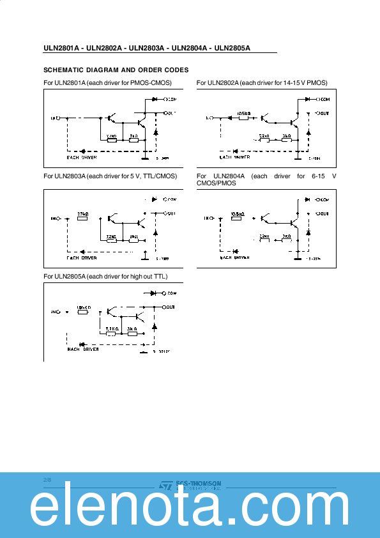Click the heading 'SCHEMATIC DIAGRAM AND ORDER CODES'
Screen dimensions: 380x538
(116, 70)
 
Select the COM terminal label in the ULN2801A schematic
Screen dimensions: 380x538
(171, 100)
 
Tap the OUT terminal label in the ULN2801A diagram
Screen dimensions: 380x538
(171, 112)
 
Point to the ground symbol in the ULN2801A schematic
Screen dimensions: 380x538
(146, 157)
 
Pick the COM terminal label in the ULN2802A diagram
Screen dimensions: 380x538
(324, 100)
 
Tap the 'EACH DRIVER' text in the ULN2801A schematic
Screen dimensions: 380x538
(82, 157)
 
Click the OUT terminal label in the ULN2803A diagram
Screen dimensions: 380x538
(171, 213)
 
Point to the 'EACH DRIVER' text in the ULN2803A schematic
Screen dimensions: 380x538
(82, 258)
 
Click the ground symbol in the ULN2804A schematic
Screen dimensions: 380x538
(298, 258)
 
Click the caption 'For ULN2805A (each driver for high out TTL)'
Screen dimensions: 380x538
(105, 276)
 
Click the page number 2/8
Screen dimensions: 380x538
(47, 479)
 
